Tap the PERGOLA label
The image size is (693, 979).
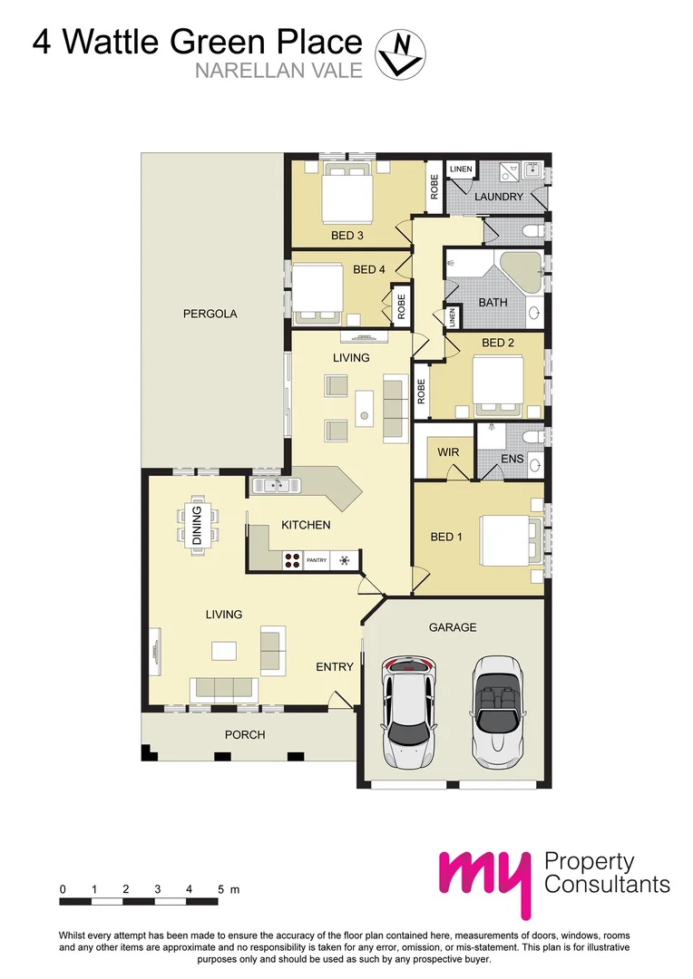click(x=210, y=314)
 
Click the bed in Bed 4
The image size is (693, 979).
click(x=317, y=292)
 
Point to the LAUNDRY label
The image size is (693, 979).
click(x=498, y=197)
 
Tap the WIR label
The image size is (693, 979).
click(x=448, y=451)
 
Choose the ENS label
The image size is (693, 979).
click(x=512, y=460)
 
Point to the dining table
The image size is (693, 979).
click(x=198, y=525)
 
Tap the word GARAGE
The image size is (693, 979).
click(x=452, y=627)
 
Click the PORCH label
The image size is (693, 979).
click(x=245, y=734)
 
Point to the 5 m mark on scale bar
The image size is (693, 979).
click(x=220, y=890)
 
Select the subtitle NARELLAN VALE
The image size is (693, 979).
click(x=278, y=70)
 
